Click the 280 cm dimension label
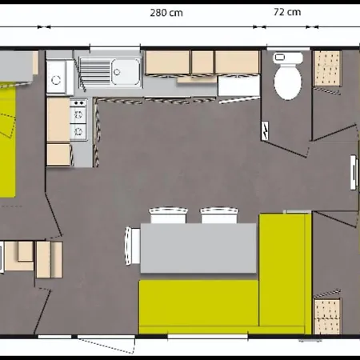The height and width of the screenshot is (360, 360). (x=166, y=13)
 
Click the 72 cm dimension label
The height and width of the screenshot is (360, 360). (x=287, y=12)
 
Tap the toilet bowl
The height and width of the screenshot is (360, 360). (x=288, y=82)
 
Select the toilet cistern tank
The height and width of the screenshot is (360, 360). (x=288, y=58)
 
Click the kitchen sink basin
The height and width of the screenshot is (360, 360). (x=126, y=72)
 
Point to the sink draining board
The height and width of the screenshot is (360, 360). (x=96, y=72)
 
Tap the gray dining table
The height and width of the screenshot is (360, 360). (x=198, y=248)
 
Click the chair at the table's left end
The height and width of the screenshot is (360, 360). (x=133, y=246)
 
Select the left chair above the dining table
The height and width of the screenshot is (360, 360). (x=168, y=215)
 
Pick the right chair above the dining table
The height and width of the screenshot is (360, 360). (x=219, y=215)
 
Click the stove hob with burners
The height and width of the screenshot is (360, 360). (x=78, y=120)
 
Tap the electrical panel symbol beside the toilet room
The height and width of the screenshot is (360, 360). (x=266, y=130)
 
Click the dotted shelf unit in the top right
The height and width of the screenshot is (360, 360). (x=327, y=69)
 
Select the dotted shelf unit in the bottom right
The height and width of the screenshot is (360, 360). (x=327, y=316)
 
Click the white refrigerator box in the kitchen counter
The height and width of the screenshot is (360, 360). (x=239, y=86)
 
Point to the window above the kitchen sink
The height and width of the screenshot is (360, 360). (x=115, y=49)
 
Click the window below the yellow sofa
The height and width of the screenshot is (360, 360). (x=208, y=337)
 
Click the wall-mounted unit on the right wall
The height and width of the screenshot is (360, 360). (x=354, y=172)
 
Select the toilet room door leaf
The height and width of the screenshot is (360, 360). (x=285, y=149)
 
